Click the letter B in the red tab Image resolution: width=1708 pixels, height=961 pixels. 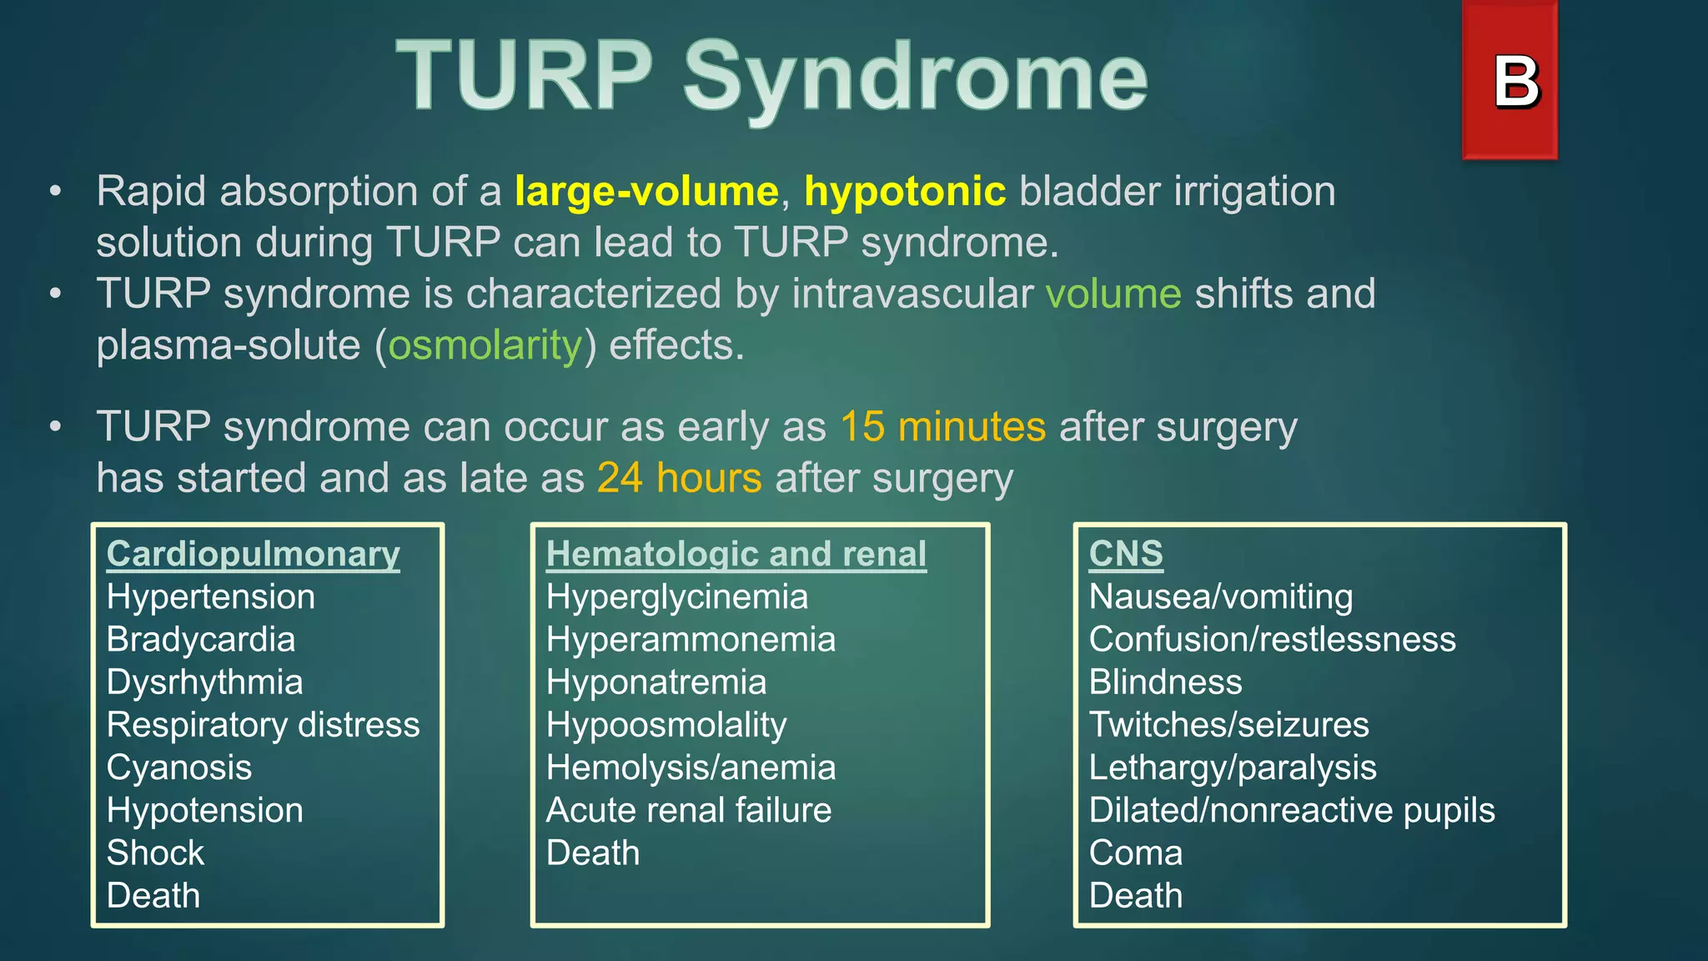pyautogui.click(x=1515, y=83)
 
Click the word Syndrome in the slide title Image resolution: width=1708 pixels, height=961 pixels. pyautogui.click(x=915, y=77)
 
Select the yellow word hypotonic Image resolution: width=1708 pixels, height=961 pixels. pyautogui.click(x=905, y=191)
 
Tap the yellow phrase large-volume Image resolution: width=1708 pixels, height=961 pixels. pyautogui.click(x=646, y=191)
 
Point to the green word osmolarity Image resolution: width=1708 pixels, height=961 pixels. pyautogui.click(x=485, y=345)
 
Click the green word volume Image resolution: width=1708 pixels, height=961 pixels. pyautogui.click(x=1113, y=294)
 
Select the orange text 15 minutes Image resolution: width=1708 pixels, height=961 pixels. pyautogui.click(x=942, y=427)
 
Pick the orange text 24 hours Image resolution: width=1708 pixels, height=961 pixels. pyautogui.click(x=679, y=478)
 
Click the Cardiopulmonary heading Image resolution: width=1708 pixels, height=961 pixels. pyautogui.click(x=254, y=554)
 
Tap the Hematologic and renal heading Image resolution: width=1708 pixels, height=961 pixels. pyautogui.click(x=736, y=554)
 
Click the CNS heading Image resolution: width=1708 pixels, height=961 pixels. pyautogui.click(x=1125, y=554)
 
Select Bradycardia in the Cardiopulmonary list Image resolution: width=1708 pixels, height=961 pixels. pyautogui.click(x=201, y=640)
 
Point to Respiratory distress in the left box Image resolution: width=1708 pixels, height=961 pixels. pyautogui.click(x=263, y=725)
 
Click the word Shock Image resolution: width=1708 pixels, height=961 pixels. pyautogui.click(x=155, y=853)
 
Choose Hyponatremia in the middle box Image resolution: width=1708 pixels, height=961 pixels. pyautogui.click(x=656, y=682)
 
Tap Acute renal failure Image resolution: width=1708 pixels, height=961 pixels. pyautogui.click(x=689, y=811)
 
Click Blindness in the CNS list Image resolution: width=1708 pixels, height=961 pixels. pyautogui.click(x=1165, y=682)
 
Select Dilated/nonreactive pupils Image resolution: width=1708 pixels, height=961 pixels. pyautogui.click(x=1292, y=811)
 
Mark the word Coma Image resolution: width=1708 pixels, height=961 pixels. pyautogui.click(x=1135, y=853)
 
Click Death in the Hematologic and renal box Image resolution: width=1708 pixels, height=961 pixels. pyautogui.click(x=593, y=853)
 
